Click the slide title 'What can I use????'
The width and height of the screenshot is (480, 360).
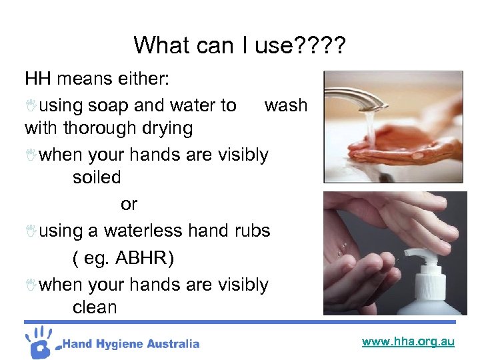coord(239,45)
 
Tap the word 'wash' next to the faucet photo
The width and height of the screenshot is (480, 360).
coord(286,105)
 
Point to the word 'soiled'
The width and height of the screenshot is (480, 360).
coord(97,177)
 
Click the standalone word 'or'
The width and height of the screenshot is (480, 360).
coord(129,203)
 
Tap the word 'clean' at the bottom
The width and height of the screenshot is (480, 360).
coord(95,307)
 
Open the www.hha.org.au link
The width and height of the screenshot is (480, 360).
coord(408,342)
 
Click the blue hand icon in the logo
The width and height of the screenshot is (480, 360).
coord(41,342)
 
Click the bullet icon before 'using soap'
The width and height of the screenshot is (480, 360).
coord(31,105)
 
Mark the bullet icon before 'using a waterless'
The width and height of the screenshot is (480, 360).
coord(31,231)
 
